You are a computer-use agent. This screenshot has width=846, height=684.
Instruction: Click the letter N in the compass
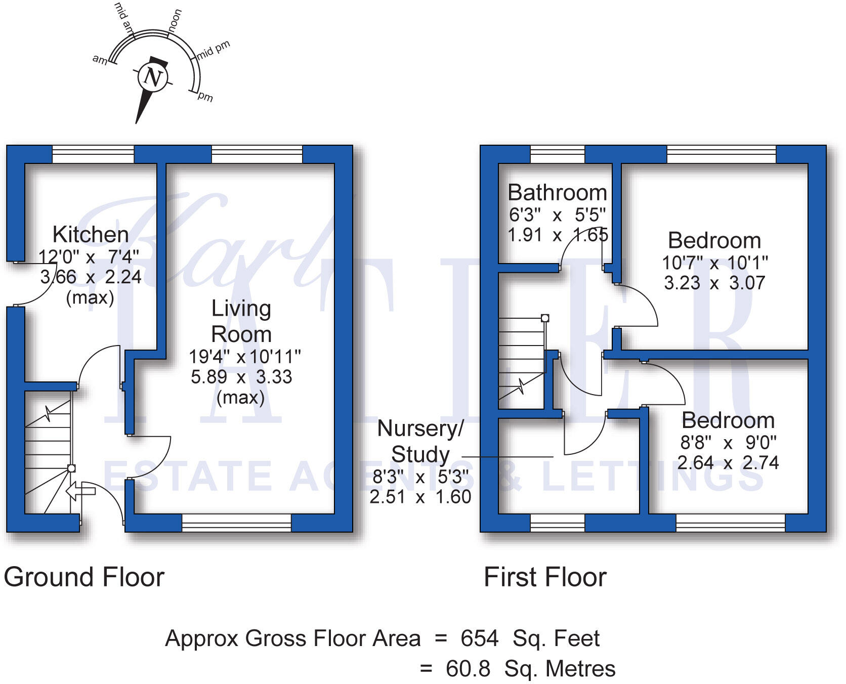pyautogui.click(x=152, y=77)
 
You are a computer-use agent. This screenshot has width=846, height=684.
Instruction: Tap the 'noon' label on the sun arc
pyautogui.click(x=175, y=21)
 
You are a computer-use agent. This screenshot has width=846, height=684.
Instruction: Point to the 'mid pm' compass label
pyautogui.click(x=214, y=50)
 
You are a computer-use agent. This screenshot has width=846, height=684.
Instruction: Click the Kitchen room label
pyautogui.click(x=91, y=235)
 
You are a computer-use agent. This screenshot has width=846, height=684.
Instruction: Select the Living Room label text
pyautogui.click(x=241, y=321)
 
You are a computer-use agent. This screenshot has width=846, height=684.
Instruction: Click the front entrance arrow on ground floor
pyautogui.click(x=81, y=490)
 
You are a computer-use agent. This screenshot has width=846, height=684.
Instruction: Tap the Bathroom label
pyautogui.click(x=557, y=193)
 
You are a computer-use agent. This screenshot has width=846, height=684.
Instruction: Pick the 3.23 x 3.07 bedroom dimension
pyautogui.click(x=714, y=283)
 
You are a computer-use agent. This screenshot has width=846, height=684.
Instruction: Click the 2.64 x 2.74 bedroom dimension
pyautogui.click(x=728, y=463)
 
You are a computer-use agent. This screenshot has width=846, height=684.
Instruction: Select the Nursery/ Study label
pyautogui.click(x=420, y=441)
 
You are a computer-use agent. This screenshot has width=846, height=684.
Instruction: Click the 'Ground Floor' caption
pyautogui.click(x=84, y=577)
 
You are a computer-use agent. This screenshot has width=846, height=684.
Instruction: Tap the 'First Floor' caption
pyautogui.click(x=545, y=577)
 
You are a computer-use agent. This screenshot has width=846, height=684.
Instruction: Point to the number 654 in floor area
pyautogui.click(x=479, y=638)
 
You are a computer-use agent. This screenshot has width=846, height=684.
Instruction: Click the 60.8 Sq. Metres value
pyautogui.click(x=530, y=669)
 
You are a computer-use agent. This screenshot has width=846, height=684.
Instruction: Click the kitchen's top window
pyautogui.click(x=93, y=154)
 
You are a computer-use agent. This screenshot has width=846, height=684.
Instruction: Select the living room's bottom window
pyautogui.click(x=236, y=523)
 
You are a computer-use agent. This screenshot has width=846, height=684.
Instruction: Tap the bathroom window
pyautogui.click(x=557, y=154)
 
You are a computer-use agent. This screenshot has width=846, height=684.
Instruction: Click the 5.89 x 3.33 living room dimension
pyautogui.click(x=241, y=377)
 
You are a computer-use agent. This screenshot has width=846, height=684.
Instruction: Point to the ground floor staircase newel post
pyautogui.click(x=71, y=468)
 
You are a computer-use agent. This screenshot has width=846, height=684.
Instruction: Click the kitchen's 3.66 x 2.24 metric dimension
pyautogui.click(x=91, y=277)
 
